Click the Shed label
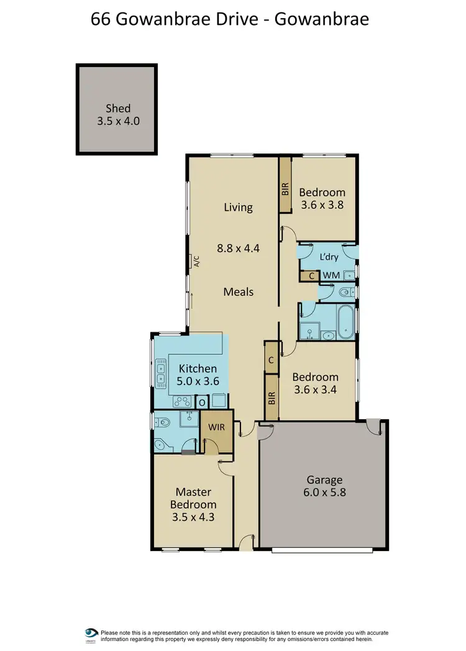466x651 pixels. click(118, 108)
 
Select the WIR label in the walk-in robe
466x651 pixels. click(216, 427)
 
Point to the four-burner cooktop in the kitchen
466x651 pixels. click(181, 401)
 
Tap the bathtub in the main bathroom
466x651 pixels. click(345, 321)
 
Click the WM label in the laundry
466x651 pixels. click(331, 275)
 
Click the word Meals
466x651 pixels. click(239, 291)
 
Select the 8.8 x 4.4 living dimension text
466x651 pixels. click(238, 248)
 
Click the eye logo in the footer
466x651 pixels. click(92, 633)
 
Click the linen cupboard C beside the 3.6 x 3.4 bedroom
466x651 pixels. click(272, 360)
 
